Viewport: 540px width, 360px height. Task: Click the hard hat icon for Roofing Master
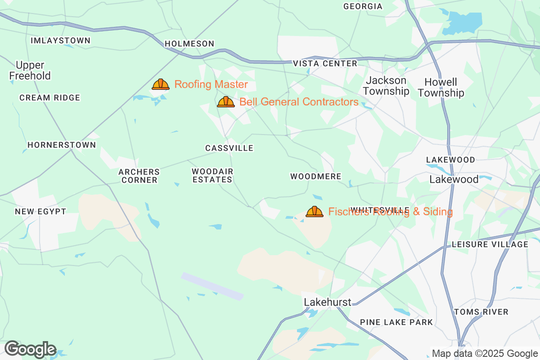[x=161, y=84]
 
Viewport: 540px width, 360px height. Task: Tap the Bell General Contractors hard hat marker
[x=226, y=102]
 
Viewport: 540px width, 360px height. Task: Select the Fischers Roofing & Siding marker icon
[x=315, y=211]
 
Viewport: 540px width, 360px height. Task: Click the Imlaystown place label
[x=61, y=40]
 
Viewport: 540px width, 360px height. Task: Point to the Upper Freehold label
[x=30, y=70]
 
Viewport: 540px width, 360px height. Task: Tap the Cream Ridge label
[x=49, y=98]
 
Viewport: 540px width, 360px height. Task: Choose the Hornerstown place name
[x=62, y=145]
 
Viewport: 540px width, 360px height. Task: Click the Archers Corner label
[x=139, y=176]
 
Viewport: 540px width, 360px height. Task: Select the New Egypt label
[x=40, y=211]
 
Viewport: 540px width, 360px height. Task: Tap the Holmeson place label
[x=189, y=44]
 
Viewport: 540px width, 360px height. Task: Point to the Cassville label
[x=229, y=148]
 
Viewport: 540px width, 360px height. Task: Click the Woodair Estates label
[x=212, y=175]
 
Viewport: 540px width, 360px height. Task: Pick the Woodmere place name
[x=316, y=176]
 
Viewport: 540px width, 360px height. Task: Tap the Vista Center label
[x=325, y=63]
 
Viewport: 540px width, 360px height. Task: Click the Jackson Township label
[x=386, y=86]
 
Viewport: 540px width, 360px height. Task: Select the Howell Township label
[x=444, y=88]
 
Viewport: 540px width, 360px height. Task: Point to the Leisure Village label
[x=490, y=244]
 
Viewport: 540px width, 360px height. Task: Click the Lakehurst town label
[x=328, y=302]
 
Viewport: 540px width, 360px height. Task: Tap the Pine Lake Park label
[x=396, y=322]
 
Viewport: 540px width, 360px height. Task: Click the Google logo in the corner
[x=31, y=349]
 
